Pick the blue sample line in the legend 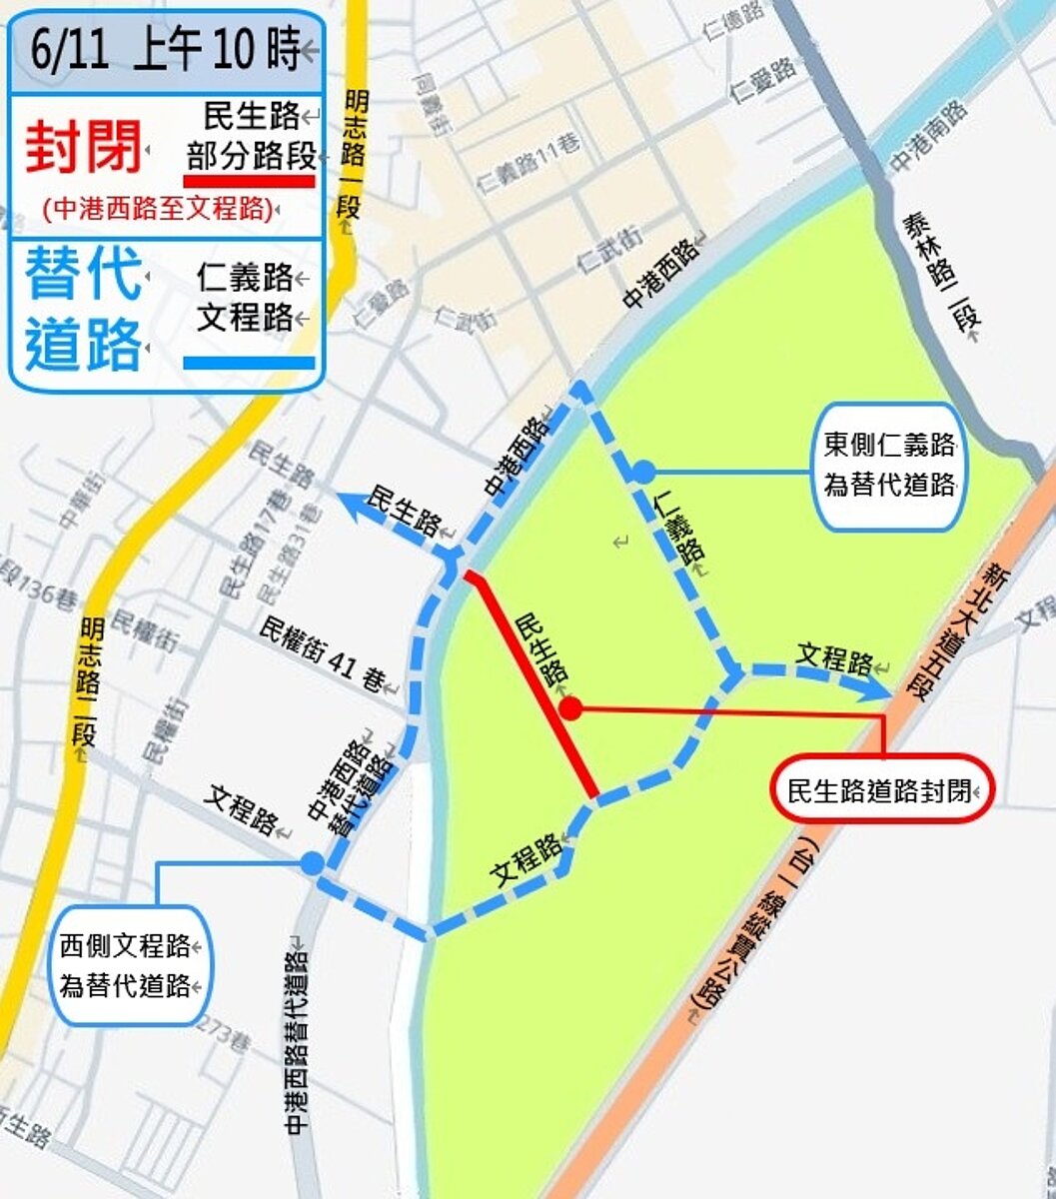250,363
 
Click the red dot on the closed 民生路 570,708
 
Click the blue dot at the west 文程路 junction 313,863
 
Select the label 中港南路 930,136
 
